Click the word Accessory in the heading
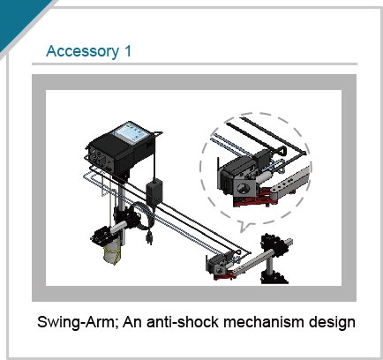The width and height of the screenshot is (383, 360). (82, 51)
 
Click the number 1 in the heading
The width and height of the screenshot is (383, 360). (128, 50)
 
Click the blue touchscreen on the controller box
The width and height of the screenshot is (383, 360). (132, 133)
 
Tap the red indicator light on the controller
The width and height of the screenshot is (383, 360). (109, 161)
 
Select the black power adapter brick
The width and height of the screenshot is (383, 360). (154, 191)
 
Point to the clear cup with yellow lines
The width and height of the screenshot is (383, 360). (112, 251)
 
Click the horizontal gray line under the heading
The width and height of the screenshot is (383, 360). (194, 64)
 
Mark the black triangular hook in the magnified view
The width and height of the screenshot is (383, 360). (282, 150)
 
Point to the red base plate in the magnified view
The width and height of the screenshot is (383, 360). (259, 198)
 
